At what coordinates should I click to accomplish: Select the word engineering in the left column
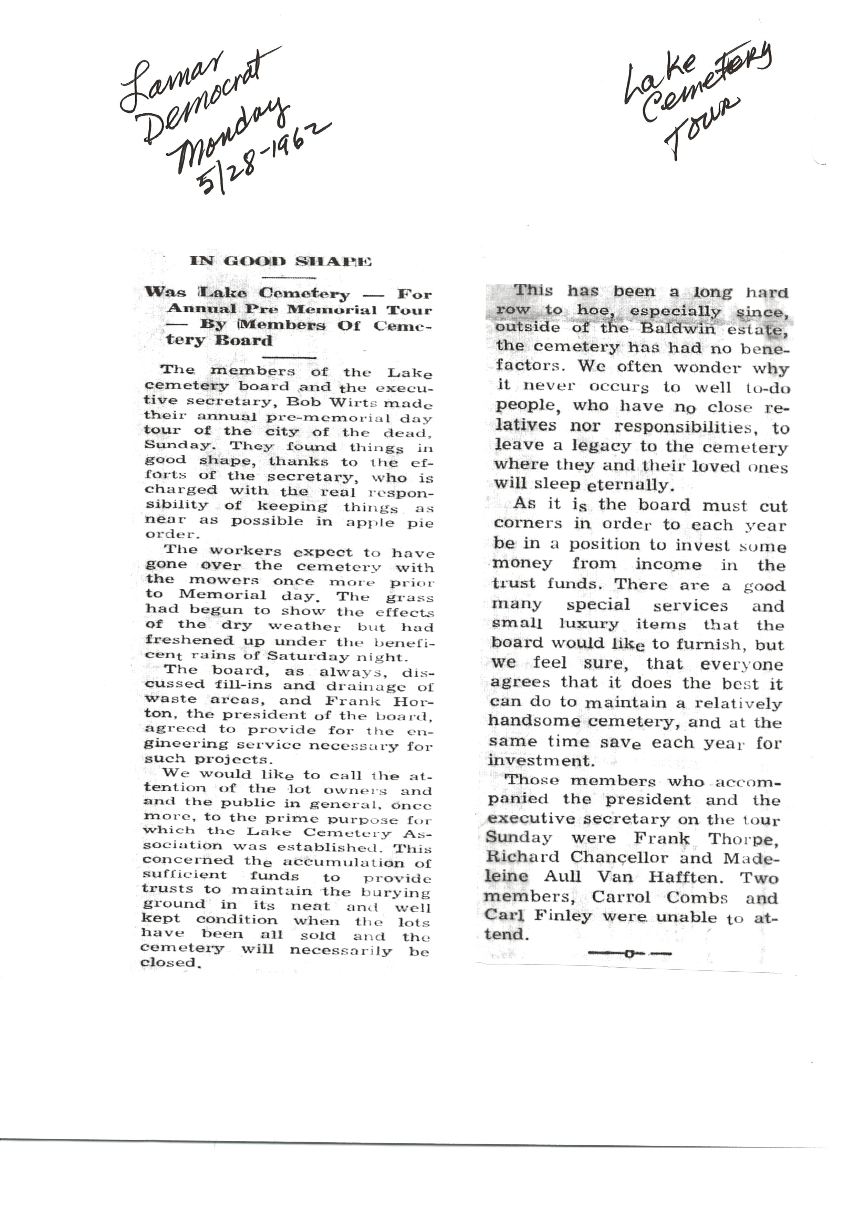coord(186,744)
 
